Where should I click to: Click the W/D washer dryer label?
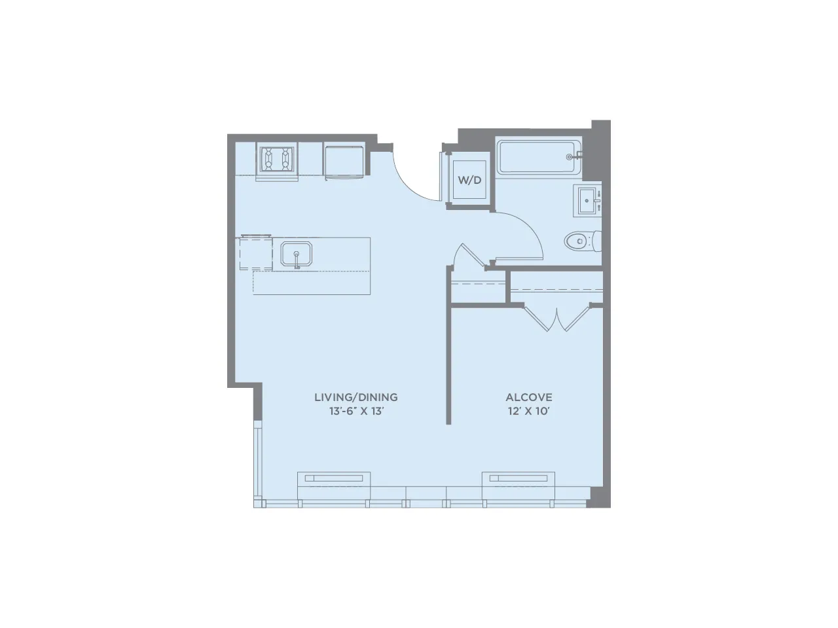[469, 180]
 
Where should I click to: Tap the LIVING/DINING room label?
[355, 397]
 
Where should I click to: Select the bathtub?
[537, 156]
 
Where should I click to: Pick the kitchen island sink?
[297, 254]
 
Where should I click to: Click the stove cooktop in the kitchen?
[276, 159]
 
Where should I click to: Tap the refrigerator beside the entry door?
[344, 161]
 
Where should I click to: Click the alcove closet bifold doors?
[556, 319]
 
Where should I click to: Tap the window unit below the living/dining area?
[334, 478]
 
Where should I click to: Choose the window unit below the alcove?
[519, 478]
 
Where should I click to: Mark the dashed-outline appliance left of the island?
[255, 253]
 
